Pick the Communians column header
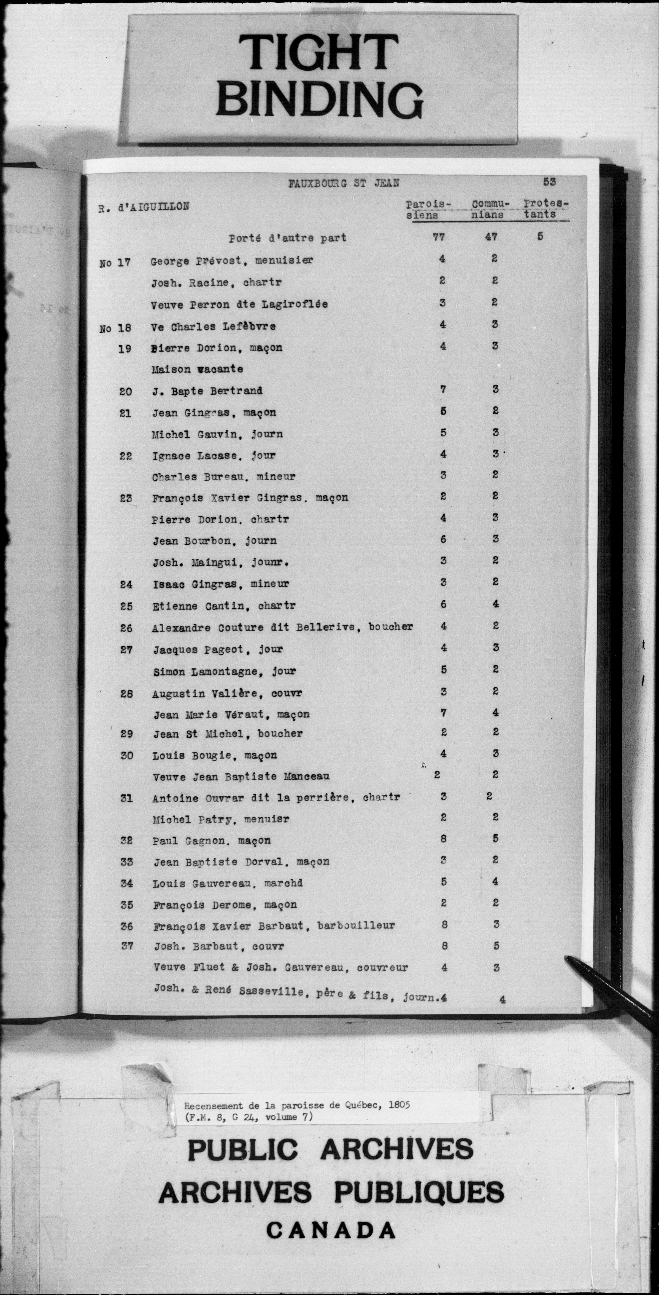tap(491, 209)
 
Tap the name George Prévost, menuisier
tap(231, 261)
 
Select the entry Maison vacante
tap(197, 369)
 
